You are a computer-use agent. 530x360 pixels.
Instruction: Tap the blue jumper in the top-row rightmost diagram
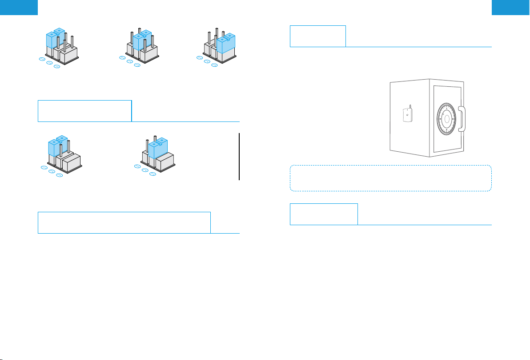[226, 43]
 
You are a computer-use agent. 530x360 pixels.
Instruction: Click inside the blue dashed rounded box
[390, 178]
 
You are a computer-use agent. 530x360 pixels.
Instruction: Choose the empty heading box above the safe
[317, 36]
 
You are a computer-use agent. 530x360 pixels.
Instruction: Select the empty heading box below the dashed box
[323, 214]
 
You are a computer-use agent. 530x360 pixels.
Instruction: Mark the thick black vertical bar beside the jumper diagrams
[239, 156]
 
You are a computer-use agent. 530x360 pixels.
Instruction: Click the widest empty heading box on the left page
[124, 222]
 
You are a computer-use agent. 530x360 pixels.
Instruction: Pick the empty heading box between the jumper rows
[84, 111]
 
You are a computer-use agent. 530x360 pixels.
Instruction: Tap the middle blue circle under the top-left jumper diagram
[49, 62]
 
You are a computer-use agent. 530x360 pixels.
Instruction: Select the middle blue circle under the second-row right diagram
[145, 170]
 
